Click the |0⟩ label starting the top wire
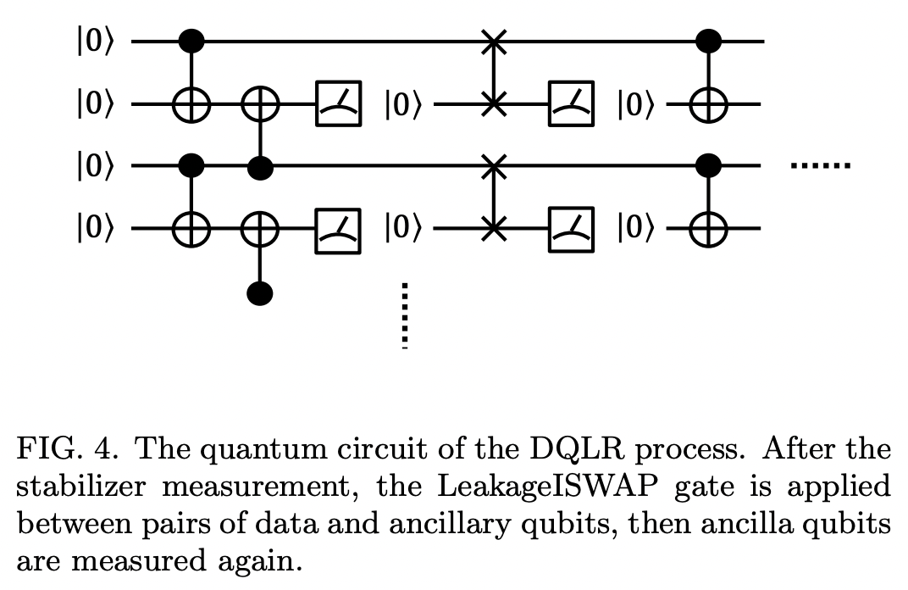click(94, 41)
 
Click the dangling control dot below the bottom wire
click(260, 294)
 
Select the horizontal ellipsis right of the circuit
click(820, 166)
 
